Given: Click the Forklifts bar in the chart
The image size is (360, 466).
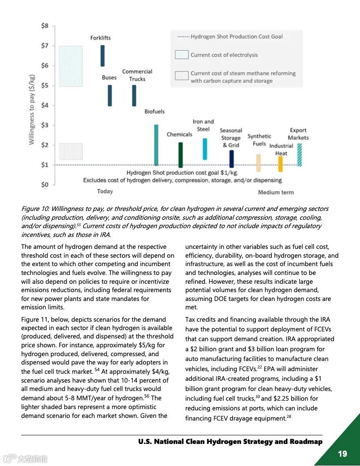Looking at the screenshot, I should [x=103, y=56].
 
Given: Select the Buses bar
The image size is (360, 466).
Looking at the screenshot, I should [x=110, y=95].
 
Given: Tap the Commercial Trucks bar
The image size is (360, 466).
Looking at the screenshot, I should [x=134, y=95].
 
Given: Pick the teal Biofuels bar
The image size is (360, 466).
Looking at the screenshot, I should [x=156, y=145].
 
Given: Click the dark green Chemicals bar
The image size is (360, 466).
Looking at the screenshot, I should [x=180, y=155].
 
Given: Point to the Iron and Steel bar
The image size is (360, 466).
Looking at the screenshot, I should [x=205, y=149].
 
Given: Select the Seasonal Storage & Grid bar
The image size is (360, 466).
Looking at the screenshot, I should [x=232, y=159].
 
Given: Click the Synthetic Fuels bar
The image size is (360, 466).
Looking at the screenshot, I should [x=259, y=163].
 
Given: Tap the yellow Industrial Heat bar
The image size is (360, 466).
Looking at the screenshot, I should [x=281, y=164].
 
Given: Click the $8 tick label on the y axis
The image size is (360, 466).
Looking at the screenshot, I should [x=45, y=26].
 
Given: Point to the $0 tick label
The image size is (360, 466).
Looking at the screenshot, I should [x=45, y=184].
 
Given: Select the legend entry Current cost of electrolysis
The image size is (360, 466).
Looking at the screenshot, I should [x=224, y=55].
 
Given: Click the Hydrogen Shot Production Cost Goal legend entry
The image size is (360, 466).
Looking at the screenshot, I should [x=236, y=37].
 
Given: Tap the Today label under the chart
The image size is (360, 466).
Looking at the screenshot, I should [x=105, y=191].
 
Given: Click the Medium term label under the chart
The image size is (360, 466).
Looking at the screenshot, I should [x=276, y=192].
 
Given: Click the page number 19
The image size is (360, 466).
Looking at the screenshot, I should [x=342, y=453].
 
